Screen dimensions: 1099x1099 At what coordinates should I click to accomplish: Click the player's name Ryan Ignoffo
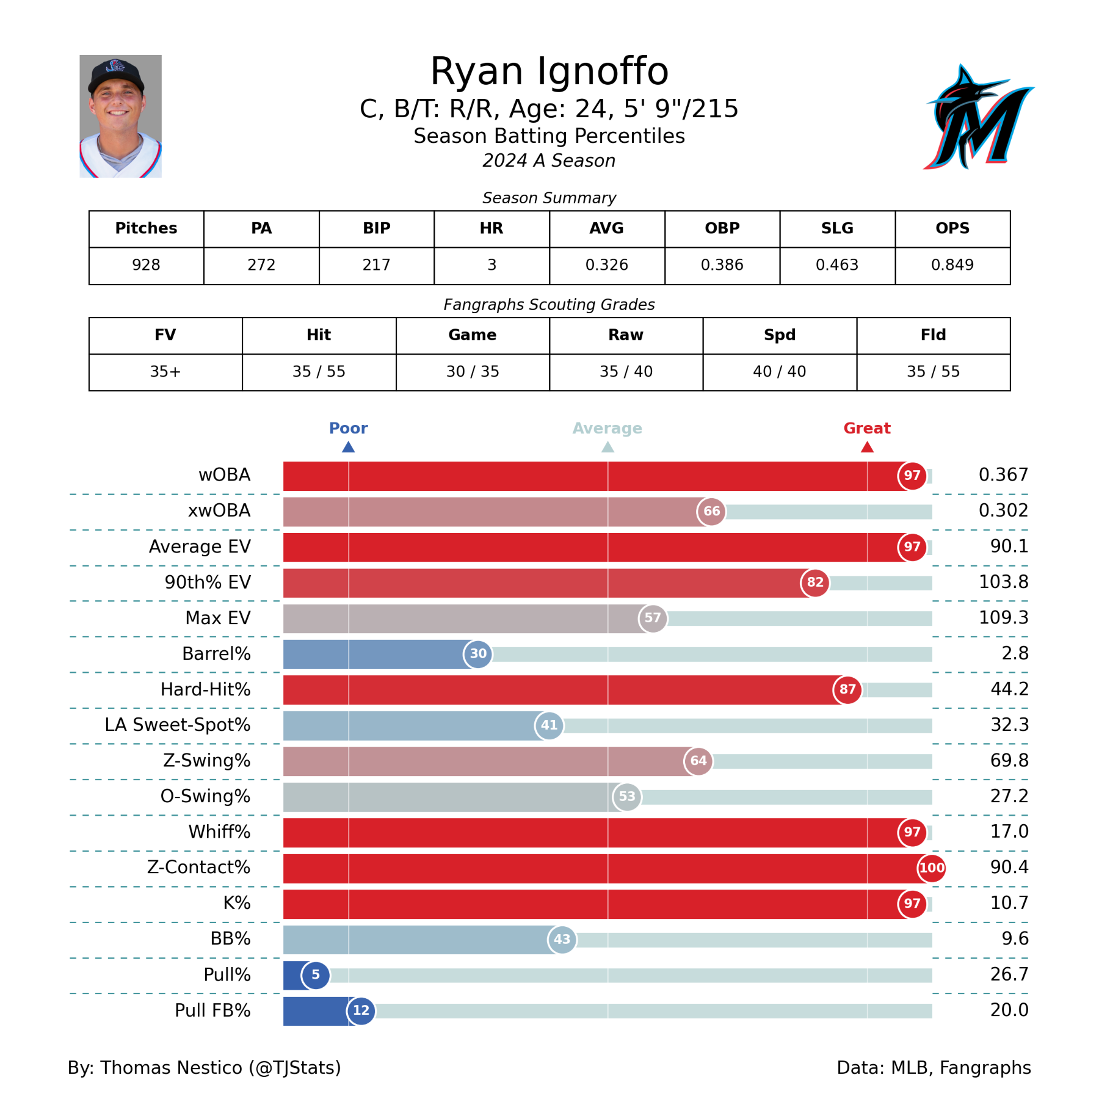(x=549, y=71)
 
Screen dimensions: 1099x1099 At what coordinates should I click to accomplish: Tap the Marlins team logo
(x=978, y=117)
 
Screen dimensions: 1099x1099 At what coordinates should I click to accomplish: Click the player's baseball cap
(x=116, y=75)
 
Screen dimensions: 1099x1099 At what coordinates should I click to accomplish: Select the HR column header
(x=491, y=228)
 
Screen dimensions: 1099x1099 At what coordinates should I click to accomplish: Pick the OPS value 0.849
(x=952, y=265)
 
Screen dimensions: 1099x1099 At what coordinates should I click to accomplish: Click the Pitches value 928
(x=146, y=265)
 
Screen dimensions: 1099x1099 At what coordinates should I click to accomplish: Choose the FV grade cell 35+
(x=165, y=371)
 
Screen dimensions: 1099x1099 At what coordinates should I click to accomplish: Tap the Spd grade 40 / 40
(x=779, y=371)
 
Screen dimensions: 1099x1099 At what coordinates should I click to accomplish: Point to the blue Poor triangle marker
(x=349, y=447)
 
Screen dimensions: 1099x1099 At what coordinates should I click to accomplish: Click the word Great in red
(x=866, y=428)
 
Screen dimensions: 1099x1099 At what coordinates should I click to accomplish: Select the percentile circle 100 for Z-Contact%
(x=932, y=868)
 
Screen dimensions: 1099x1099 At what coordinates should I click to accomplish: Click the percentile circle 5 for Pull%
(x=316, y=974)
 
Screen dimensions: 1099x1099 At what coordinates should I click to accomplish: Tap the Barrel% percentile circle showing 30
(x=478, y=654)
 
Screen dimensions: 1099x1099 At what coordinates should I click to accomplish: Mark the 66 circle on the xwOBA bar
(x=711, y=511)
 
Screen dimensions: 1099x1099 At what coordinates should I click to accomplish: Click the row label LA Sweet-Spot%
(x=178, y=725)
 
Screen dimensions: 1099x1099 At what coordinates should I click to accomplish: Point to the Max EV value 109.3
(x=1003, y=618)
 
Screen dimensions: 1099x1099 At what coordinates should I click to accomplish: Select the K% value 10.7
(x=1009, y=903)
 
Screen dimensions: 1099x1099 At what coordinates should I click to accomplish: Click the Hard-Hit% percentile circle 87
(x=847, y=689)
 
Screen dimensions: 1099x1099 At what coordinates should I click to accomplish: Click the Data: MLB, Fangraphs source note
(x=934, y=1067)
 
